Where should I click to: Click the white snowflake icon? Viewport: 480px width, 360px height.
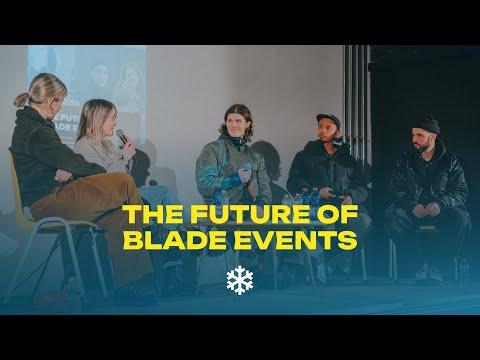coord(240,280)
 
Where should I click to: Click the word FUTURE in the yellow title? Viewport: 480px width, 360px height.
coord(250,214)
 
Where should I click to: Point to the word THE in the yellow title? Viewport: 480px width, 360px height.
coord(153,214)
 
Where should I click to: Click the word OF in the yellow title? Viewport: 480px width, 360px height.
coord(337,214)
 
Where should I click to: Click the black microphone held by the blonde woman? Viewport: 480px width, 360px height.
coord(122,137)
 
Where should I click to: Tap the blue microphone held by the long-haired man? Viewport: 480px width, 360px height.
coord(247,167)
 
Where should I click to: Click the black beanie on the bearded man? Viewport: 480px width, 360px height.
coord(428,125)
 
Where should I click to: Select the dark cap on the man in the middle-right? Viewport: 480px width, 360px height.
coord(328,119)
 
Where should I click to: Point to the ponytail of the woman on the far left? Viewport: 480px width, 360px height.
coord(21,100)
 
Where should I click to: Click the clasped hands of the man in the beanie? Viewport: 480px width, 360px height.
coord(425,210)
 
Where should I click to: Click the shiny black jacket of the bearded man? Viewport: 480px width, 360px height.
coord(428,180)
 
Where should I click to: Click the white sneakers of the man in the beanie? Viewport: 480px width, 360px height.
coord(430,273)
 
